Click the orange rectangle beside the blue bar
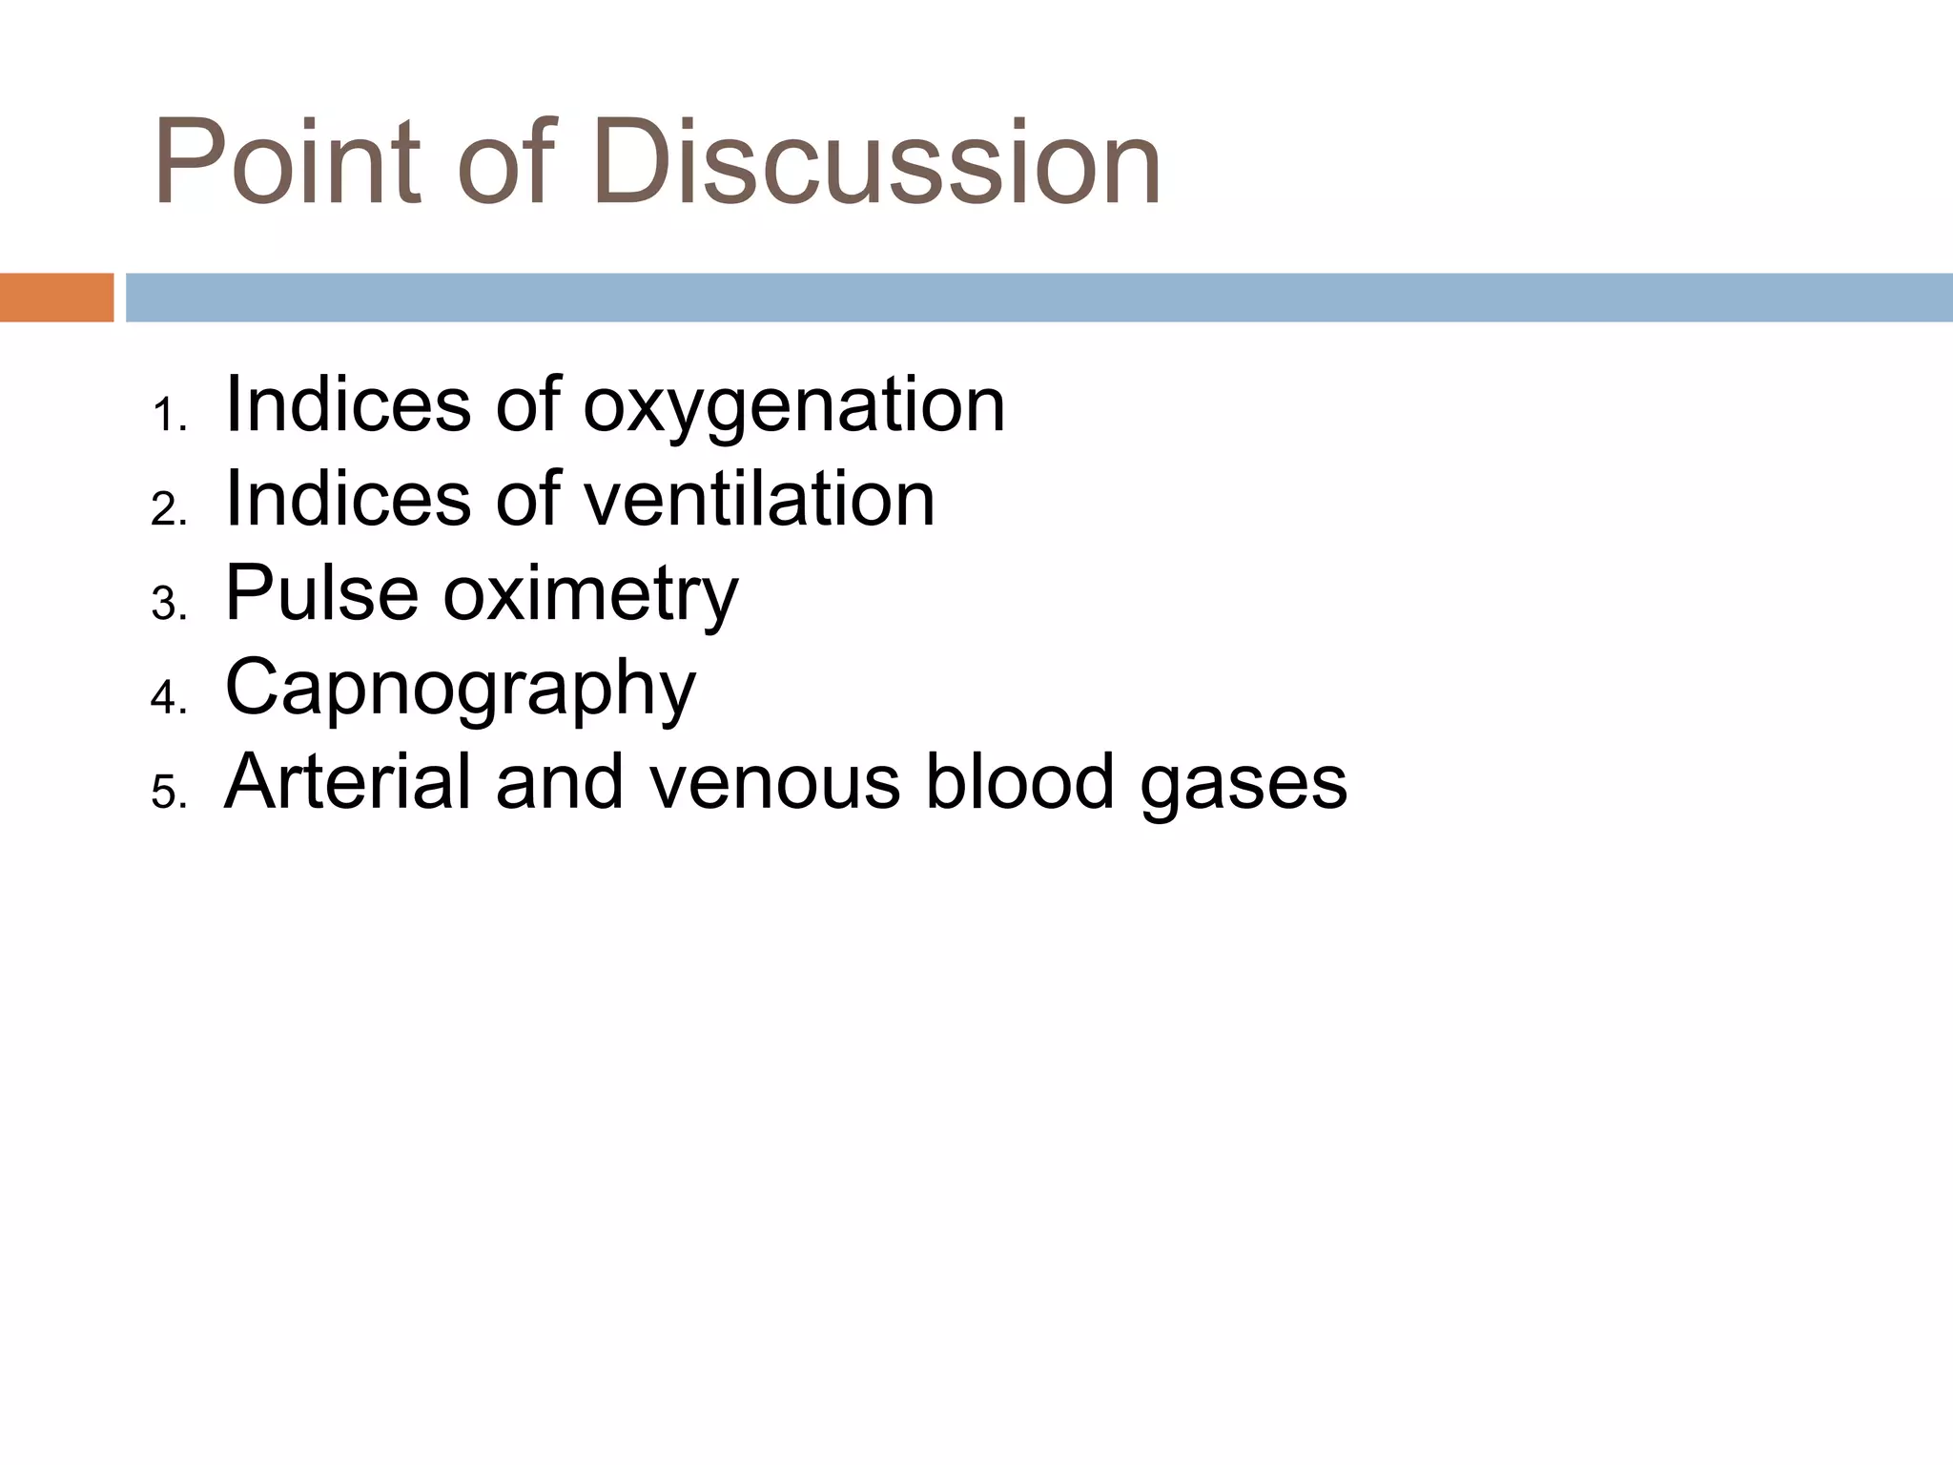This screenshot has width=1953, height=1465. click(x=56, y=298)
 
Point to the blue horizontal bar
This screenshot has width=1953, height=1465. click(x=1038, y=298)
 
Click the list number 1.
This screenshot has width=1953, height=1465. click(x=168, y=416)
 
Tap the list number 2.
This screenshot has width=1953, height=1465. click(x=168, y=510)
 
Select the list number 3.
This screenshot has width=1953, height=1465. click(x=168, y=605)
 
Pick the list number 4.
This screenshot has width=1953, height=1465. click(x=168, y=698)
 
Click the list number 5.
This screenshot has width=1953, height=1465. click(x=168, y=793)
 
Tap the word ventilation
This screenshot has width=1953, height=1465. click(x=759, y=500)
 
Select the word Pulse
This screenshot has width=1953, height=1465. click(x=321, y=593)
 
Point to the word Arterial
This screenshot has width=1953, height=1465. click(x=347, y=782)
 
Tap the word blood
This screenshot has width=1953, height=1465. click(x=1019, y=782)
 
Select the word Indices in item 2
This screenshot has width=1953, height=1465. click(x=347, y=500)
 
